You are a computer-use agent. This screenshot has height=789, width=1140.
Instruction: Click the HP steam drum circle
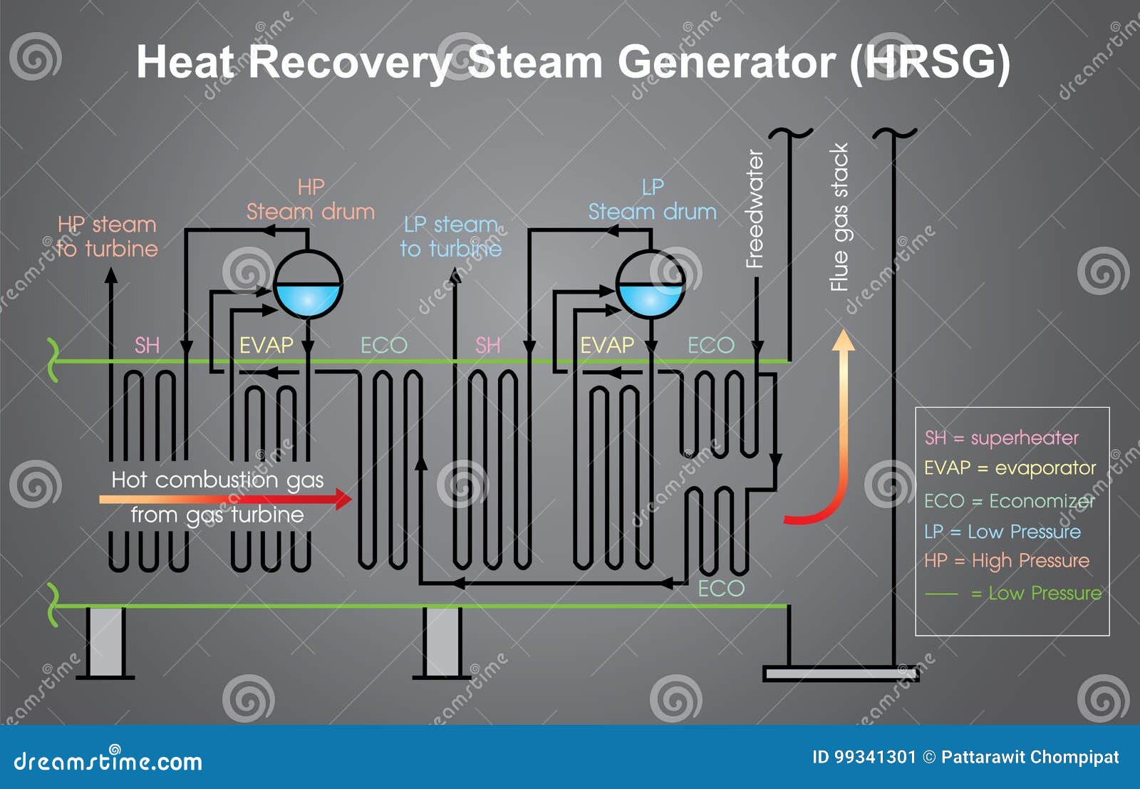tap(308, 284)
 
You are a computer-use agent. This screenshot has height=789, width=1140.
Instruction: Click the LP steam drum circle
tap(650, 284)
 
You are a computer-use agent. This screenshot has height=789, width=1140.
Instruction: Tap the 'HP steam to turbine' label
tap(107, 237)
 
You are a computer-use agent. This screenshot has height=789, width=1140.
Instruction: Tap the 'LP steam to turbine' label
tap(450, 237)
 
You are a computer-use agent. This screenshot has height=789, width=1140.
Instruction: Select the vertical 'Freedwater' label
tap(755, 209)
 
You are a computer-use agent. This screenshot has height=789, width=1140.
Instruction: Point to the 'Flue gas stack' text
tap(840, 217)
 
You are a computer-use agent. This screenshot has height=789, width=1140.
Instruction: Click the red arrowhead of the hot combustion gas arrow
tap(344, 498)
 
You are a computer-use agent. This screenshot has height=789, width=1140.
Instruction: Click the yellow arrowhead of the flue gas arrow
tap(844, 340)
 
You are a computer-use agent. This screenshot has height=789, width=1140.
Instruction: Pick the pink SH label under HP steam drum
tap(147, 346)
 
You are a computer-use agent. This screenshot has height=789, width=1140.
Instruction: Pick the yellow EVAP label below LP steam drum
tap(607, 346)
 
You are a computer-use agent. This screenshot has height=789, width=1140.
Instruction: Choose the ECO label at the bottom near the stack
tap(721, 589)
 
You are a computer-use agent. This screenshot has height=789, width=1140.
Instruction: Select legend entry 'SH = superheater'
tap(1002, 438)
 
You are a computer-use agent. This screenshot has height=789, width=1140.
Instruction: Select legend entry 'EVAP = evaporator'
tap(1010, 468)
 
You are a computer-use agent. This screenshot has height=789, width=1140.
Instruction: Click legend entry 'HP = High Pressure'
tap(1006, 561)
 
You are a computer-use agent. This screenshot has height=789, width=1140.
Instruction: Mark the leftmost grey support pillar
tap(105, 641)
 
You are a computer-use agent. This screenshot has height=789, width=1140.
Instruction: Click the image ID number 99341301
tap(864, 757)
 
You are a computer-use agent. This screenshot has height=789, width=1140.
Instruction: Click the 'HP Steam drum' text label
tap(311, 200)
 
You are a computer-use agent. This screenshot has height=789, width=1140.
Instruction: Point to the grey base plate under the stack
tap(841, 674)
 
